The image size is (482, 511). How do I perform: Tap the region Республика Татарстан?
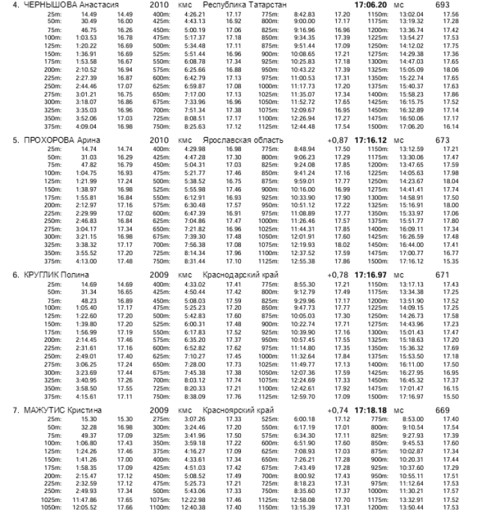[x=243, y=4]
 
